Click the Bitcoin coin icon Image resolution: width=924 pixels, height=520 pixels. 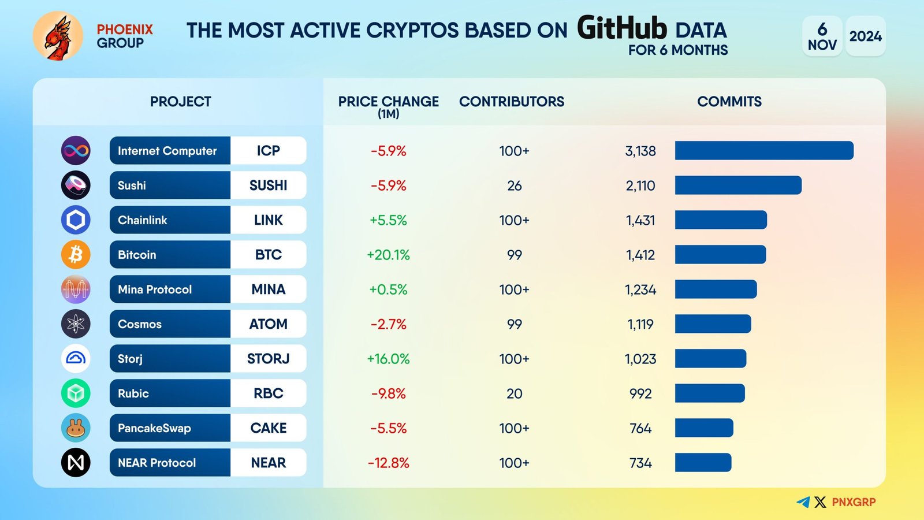76,255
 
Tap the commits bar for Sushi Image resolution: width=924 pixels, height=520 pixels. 738,185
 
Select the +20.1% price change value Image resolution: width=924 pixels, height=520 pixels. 388,255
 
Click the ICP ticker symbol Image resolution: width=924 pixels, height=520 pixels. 268,151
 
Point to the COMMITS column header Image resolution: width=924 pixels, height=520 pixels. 729,102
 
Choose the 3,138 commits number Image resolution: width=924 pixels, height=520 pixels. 640,151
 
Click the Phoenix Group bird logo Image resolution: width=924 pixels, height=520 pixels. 58,36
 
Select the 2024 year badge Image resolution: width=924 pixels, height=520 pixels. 865,36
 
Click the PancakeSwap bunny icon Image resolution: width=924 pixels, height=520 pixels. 76,428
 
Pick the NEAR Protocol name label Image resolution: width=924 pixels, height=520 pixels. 157,463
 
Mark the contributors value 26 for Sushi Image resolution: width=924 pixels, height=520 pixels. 514,186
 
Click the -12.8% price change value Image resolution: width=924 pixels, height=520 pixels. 388,463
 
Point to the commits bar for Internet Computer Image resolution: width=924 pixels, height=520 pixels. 764,151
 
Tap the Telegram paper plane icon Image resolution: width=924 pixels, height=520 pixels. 803,502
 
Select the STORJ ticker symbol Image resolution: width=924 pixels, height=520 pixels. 268,359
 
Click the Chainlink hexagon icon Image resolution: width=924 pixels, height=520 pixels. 76,220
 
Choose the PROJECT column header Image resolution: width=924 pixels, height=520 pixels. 181,102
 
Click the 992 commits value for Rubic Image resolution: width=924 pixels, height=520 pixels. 640,394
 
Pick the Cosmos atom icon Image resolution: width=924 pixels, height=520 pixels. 76,324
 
